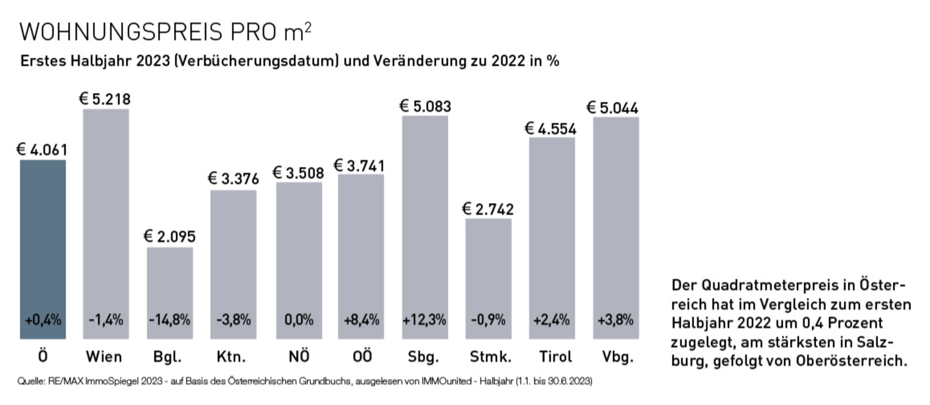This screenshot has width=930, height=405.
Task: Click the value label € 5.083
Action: tap(425, 106)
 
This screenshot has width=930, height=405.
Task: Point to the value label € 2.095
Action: tap(170, 236)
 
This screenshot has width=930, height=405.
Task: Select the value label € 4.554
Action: tap(551, 129)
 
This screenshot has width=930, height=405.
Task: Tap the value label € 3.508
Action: tap(298, 173)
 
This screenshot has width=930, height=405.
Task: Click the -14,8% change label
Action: tap(170, 320)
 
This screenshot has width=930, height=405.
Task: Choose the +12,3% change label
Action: tap(424, 320)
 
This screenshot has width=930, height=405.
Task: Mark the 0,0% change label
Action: tap(299, 320)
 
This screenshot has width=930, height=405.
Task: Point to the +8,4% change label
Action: tap(361, 320)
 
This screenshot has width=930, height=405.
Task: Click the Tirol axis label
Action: tap(556, 357)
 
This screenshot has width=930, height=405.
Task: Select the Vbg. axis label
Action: tap(618, 357)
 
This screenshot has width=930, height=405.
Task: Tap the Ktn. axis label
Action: tap(231, 357)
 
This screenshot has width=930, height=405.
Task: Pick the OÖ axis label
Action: tap(362, 357)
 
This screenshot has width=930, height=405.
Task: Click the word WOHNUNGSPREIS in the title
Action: tap(121, 32)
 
